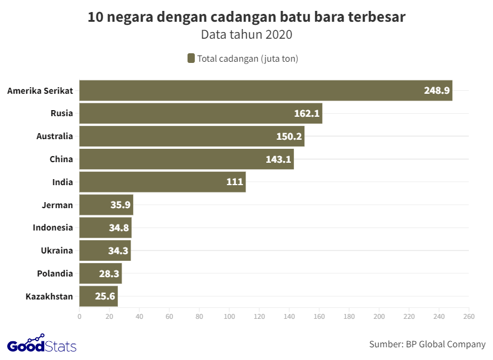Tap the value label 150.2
tap(289, 137)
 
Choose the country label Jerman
tap(57, 205)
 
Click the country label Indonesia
tap(53, 227)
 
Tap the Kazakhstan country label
tap(49, 296)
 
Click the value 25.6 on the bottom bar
tap(105, 296)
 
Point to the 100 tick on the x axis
tap(229, 316)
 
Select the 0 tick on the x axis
tap(79, 316)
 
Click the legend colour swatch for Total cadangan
tap(191, 59)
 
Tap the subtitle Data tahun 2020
tap(246, 34)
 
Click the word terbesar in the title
tap(375, 17)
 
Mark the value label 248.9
tap(437, 91)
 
